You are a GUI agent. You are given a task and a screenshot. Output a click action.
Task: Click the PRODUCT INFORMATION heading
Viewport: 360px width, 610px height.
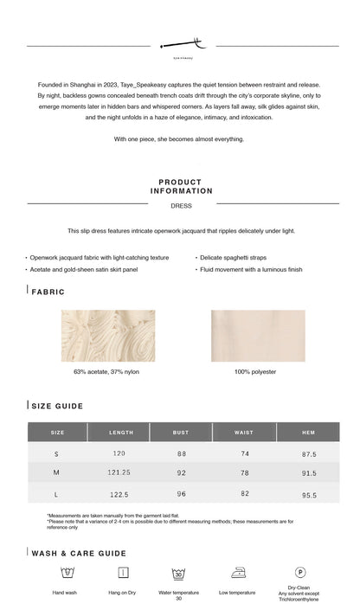click(181, 187)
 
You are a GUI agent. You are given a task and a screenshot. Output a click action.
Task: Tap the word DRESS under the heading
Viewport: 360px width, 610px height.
click(181, 206)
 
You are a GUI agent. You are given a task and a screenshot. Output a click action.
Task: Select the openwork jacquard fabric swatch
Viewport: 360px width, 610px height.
click(108, 336)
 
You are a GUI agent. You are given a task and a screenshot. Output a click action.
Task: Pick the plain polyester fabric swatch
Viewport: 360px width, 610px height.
click(246, 336)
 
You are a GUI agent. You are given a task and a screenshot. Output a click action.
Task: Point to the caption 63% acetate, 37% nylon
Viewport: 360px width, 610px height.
click(108, 372)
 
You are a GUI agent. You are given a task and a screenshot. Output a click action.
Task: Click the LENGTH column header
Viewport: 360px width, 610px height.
click(121, 432)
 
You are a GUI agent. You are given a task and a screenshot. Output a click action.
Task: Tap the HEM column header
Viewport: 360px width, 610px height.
click(308, 432)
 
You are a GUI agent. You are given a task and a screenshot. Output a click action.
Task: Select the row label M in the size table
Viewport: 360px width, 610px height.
click(56, 473)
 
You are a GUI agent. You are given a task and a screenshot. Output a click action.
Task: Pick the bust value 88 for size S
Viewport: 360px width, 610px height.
click(182, 453)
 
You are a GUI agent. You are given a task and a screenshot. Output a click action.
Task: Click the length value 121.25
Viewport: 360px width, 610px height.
click(119, 473)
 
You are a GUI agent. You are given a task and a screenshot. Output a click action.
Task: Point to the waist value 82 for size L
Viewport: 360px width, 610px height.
click(245, 494)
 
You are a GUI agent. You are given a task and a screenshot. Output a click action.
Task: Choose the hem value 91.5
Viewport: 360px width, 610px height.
click(309, 473)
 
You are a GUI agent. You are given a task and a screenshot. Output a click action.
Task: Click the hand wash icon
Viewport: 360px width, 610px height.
click(65, 573)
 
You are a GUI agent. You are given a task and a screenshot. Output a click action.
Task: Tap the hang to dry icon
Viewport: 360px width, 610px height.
click(123, 573)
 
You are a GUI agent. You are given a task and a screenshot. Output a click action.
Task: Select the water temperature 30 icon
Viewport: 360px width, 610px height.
click(178, 573)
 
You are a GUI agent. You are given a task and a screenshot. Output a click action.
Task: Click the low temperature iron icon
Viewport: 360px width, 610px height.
click(237, 573)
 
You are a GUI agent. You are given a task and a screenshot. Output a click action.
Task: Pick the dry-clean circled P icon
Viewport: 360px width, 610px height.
click(299, 572)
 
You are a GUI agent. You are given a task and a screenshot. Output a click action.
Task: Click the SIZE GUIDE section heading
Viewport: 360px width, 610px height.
click(58, 406)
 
